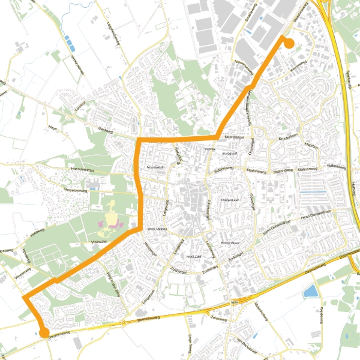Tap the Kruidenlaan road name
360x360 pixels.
(x=287, y=137)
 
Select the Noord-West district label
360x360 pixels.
(x=155, y=167)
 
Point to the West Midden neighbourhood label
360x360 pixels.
(x=157, y=229)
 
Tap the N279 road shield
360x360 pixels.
(x=235, y=304)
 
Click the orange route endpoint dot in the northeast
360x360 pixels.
(x=289, y=43)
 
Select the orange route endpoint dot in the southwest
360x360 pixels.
(x=44, y=332)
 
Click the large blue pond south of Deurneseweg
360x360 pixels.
(x=310, y=292)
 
